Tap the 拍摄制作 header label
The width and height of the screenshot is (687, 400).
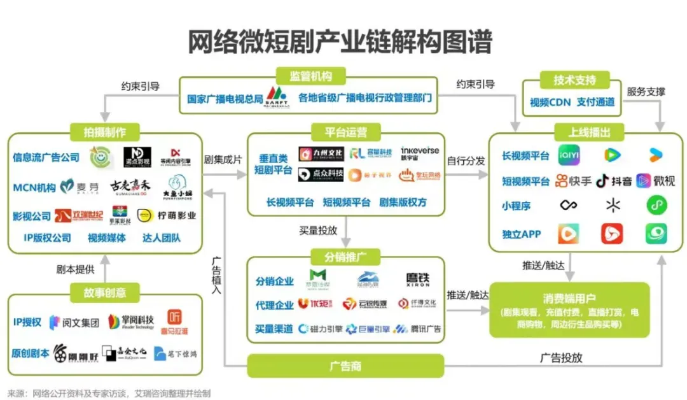pyautogui.click(x=104, y=132)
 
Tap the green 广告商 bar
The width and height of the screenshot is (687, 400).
pyautogui.click(x=345, y=366)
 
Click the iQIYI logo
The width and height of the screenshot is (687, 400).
pyautogui.click(x=569, y=155)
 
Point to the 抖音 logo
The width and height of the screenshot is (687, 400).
pyautogui.click(x=614, y=181)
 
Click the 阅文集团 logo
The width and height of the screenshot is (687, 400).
pyautogui.click(x=74, y=322)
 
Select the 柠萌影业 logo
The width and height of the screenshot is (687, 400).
pyautogui.click(x=167, y=215)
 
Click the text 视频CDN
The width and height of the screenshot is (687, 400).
pyautogui.click(x=549, y=102)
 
